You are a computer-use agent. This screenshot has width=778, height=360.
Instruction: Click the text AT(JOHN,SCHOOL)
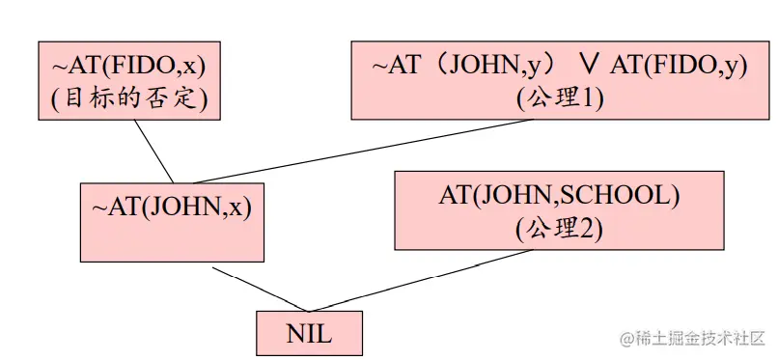(x=559, y=196)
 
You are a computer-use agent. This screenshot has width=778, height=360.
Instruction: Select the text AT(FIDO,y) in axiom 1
(x=678, y=67)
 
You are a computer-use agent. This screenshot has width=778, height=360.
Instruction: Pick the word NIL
(x=309, y=334)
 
